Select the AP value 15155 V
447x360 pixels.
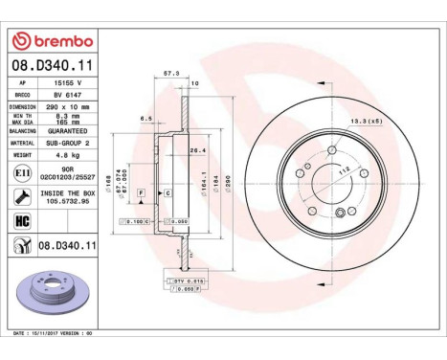68,84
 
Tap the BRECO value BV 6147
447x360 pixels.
68,97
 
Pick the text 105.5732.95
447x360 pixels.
68,202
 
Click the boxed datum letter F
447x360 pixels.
142,192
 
